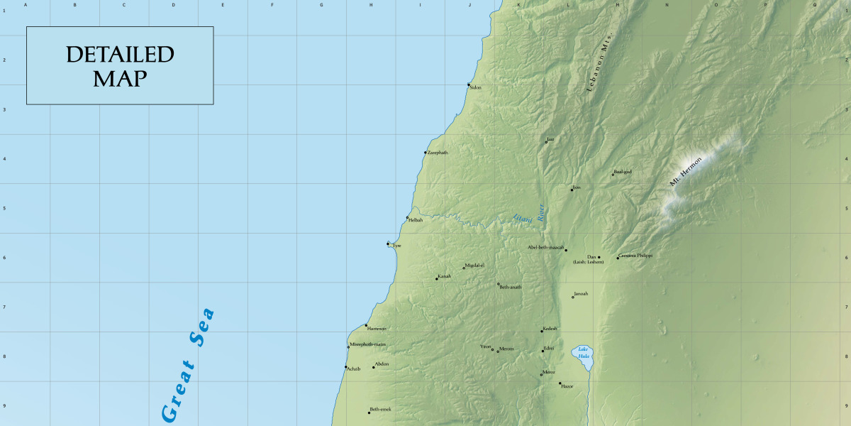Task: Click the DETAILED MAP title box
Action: coord(120,66)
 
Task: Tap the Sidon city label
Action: coord(476,87)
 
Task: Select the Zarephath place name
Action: coord(438,153)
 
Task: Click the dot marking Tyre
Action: coord(388,244)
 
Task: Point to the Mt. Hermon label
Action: coord(685,171)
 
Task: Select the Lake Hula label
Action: coord(583,351)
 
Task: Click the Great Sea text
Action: coord(187,366)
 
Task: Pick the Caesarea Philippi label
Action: coord(635,255)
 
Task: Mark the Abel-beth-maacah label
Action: coord(545,247)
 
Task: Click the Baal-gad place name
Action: coord(623,171)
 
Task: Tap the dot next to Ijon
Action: coord(572,190)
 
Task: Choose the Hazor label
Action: coord(567,386)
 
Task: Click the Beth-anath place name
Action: coord(511,287)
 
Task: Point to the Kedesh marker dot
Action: coord(542,331)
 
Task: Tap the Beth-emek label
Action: coord(381,410)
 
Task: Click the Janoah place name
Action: coord(581,293)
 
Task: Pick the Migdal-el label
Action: coord(474,266)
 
